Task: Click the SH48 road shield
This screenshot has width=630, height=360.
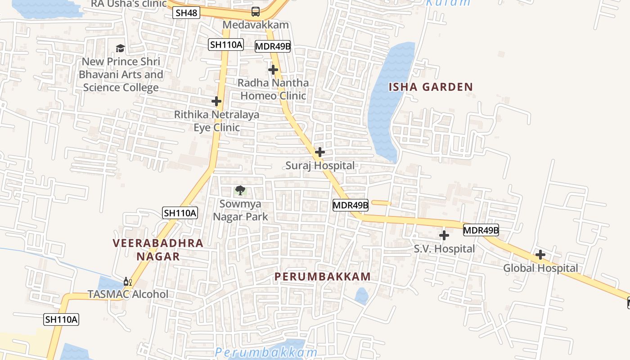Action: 186,13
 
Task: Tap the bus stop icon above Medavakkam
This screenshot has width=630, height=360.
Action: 255,12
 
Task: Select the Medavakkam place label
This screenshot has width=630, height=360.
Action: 255,25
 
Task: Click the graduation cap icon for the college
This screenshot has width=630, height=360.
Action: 120,48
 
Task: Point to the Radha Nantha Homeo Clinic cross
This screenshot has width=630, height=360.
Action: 273,70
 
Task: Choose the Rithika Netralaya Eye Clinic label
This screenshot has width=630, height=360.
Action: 216,121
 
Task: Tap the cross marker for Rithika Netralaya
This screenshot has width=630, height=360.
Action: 216,101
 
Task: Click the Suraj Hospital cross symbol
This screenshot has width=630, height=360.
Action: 320,152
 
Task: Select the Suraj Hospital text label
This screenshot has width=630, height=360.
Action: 320,166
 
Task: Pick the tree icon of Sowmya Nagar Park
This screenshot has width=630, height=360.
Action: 240,190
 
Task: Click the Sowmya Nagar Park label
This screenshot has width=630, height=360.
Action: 240,210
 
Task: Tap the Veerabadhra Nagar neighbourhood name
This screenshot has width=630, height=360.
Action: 158,250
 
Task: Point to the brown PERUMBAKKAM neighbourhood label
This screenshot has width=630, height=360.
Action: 323,277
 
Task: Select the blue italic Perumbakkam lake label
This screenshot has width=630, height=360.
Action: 266,352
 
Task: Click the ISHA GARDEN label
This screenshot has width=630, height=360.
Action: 431,87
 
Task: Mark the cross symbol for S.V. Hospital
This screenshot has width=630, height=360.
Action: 444,235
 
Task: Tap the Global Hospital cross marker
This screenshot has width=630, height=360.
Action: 540,255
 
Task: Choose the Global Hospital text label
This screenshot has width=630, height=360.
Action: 540,268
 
